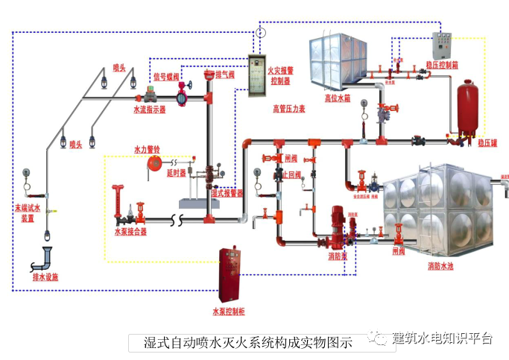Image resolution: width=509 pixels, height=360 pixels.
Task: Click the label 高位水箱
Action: pyautogui.click(x=338, y=97)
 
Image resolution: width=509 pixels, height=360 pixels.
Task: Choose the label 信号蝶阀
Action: pyautogui.click(x=166, y=76)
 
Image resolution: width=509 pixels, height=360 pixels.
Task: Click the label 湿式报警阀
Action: pyautogui.click(x=228, y=192)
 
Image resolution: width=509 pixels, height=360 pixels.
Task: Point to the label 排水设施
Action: pyautogui.click(x=45, y=277)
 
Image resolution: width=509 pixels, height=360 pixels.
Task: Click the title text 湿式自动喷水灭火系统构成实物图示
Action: pyautogui.click(x=247, y=343)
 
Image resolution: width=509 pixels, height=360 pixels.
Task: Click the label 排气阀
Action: pyautogui.click(x=224, y=75)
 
